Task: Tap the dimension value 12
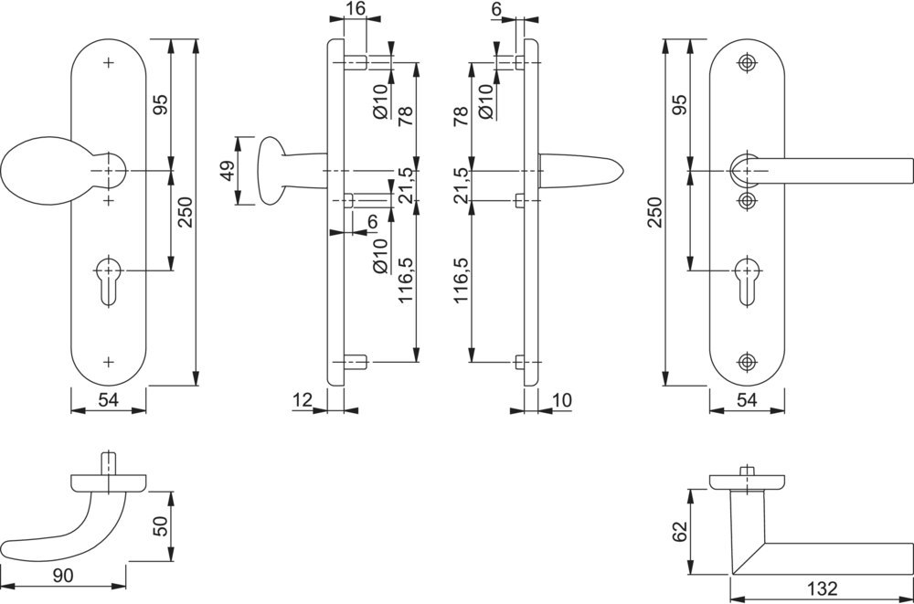303,398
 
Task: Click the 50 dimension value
158,526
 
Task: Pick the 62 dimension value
677,533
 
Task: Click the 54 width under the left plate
109,399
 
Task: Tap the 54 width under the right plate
747,399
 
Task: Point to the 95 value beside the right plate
677,105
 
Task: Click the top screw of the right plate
748,63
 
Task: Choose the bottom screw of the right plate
748,361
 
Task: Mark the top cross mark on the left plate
109,63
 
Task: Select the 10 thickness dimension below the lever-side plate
561,398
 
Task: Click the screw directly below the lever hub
748,200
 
